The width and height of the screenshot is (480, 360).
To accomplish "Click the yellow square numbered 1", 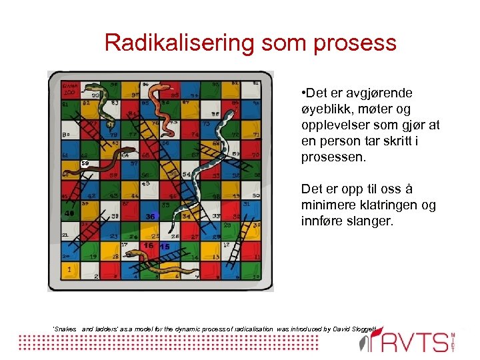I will [x=69, y=270].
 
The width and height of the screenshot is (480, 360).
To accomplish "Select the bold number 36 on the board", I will [x=151, y=216].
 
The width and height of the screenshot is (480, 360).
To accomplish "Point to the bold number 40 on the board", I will [x=69, y=214].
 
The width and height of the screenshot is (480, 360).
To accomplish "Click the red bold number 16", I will [x=148, y=246].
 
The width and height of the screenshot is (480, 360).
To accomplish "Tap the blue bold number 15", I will [x=164, y=247].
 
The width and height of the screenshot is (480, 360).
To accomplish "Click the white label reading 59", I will [x=85, y=163].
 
